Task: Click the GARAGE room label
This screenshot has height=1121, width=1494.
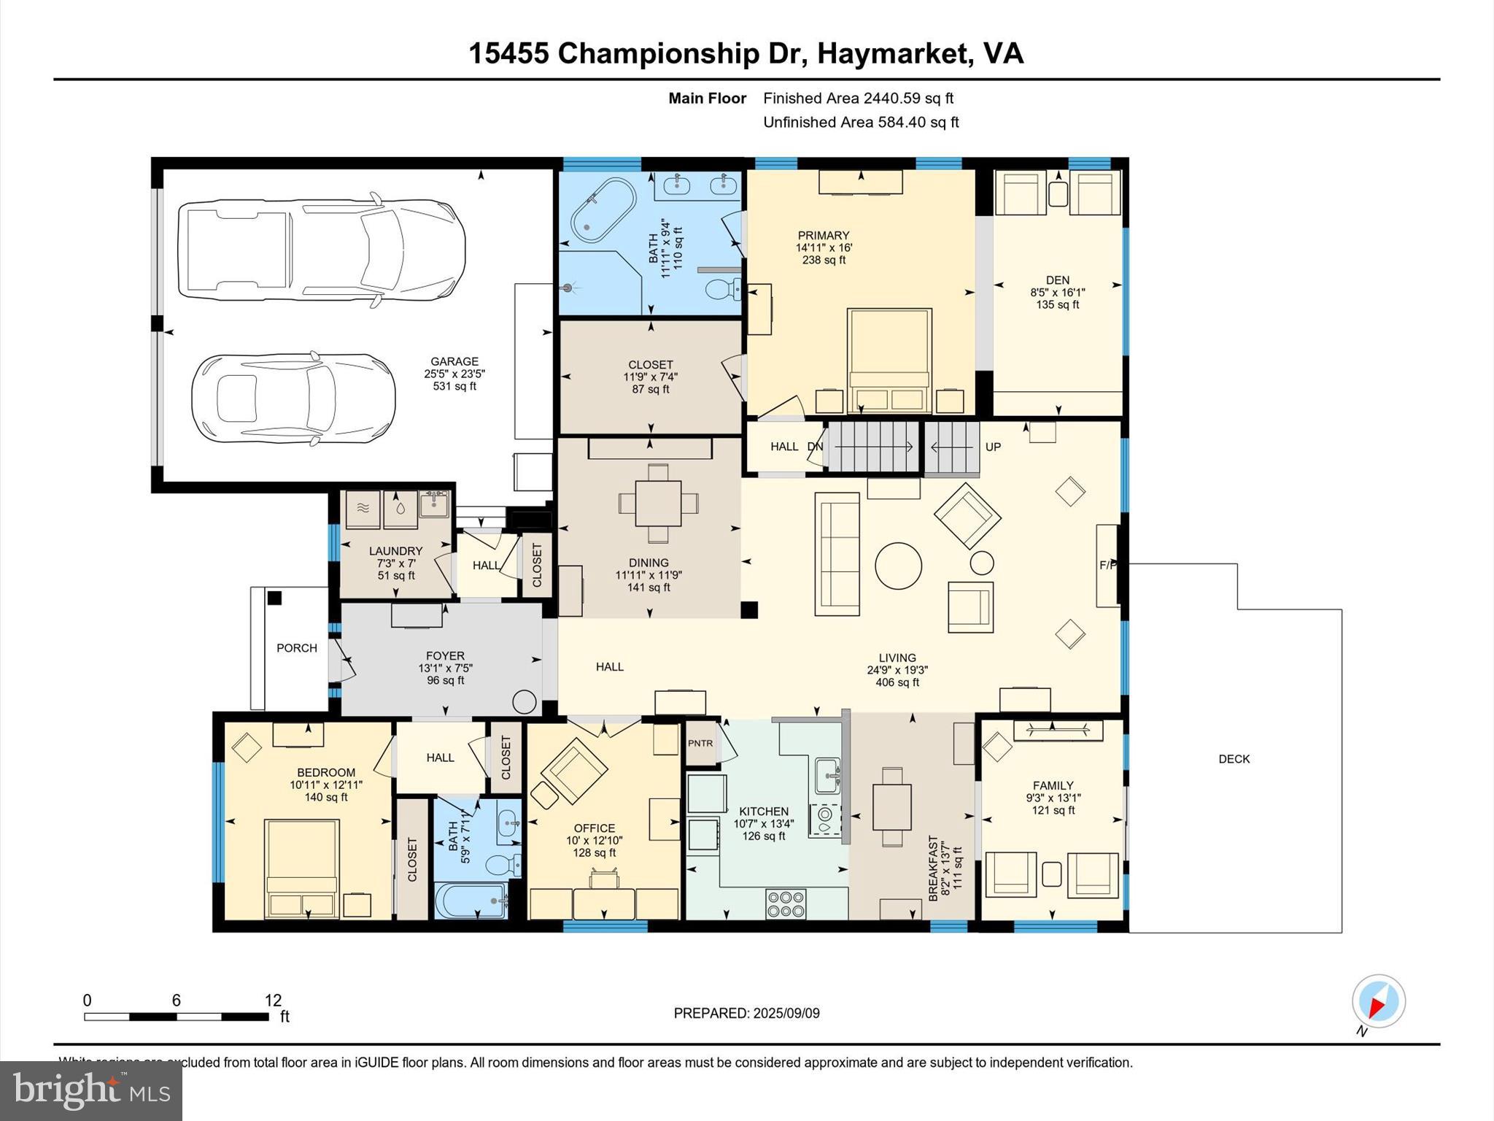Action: (454, 361)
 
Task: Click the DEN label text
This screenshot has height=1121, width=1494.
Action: (1057, 280)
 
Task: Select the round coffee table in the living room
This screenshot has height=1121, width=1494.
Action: (898, 566)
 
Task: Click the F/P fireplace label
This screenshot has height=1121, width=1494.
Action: (1107, 565)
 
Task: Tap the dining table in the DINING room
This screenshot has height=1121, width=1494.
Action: (658, 503)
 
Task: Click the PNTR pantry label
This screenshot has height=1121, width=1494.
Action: (700, 743)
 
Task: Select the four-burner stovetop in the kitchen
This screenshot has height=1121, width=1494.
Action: (786, 904)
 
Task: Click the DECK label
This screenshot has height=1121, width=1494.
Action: (1234, 759)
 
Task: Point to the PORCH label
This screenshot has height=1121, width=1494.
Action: (297, 648)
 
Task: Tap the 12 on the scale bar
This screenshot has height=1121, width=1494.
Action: (273, 1000)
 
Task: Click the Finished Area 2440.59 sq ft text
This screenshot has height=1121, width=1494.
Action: (858, 99)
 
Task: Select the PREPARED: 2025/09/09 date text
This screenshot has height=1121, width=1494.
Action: (746, 1013)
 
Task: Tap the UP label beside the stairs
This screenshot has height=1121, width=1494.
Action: (993, 447)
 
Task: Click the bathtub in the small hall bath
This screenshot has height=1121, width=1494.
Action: (471, 902)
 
